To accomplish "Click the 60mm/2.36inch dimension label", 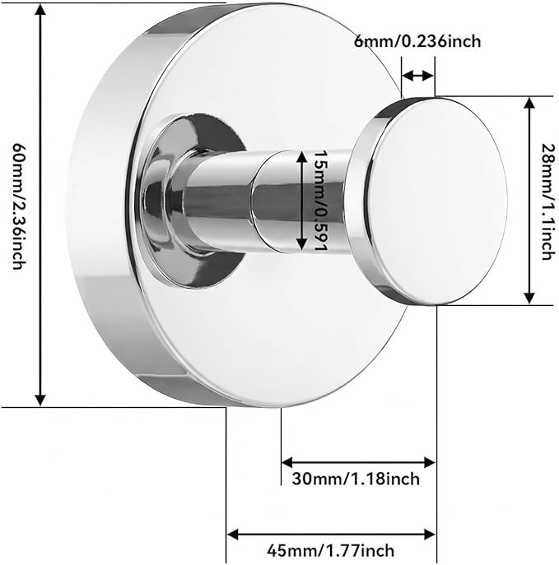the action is pos(19,206).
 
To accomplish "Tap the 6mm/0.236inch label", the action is pos(417,41).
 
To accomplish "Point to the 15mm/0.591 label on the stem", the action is pos(319,201).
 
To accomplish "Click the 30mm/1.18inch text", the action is pos(356,479).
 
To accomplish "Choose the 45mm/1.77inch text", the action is pos(330,551).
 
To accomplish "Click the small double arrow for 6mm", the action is pos(417,76).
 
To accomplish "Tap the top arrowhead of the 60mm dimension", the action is pos(40,10).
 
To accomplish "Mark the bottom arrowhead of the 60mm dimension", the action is pos(40,399).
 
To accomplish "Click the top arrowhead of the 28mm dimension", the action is pos(529,104).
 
